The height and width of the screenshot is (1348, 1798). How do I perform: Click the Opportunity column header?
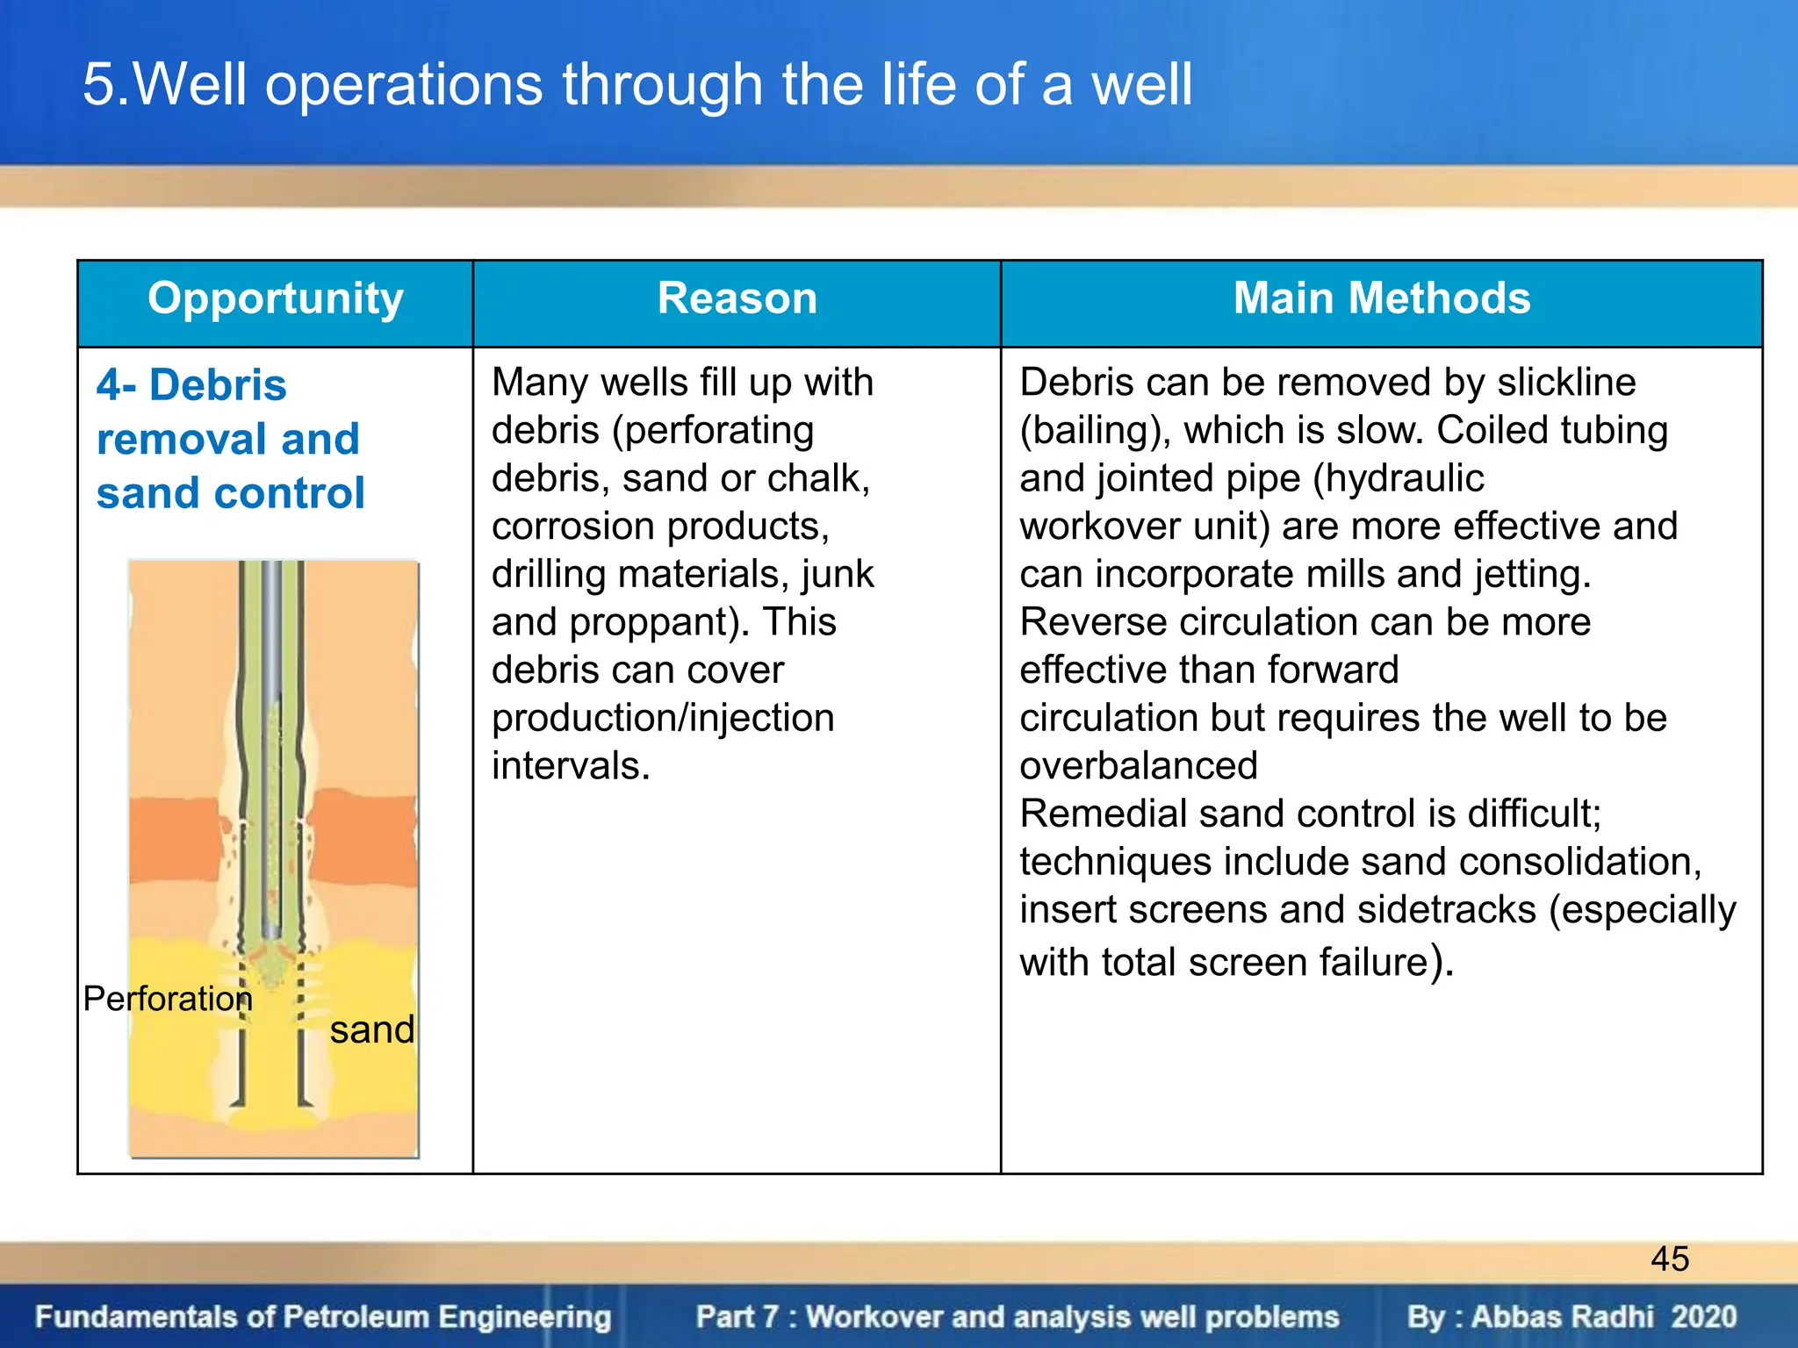point(276,298)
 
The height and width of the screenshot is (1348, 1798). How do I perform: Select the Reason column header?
point(737,298)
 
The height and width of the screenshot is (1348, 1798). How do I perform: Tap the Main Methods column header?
point(1382,298)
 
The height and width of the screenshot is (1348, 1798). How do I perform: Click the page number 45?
point(1670,1259)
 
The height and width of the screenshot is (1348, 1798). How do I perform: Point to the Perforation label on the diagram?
point(168,999)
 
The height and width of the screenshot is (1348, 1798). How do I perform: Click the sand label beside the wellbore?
point(372,1029)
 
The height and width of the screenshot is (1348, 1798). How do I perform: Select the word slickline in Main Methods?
point(1566,383)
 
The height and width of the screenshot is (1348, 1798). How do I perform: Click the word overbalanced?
point(1139,766)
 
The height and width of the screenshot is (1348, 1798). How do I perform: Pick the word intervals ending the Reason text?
point(571,766)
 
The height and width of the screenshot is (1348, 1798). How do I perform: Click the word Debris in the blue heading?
point(218,385)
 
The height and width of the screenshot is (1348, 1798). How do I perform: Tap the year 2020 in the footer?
point(1704,1316)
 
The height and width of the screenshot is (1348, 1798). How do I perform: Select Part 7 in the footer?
point(737,1316)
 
